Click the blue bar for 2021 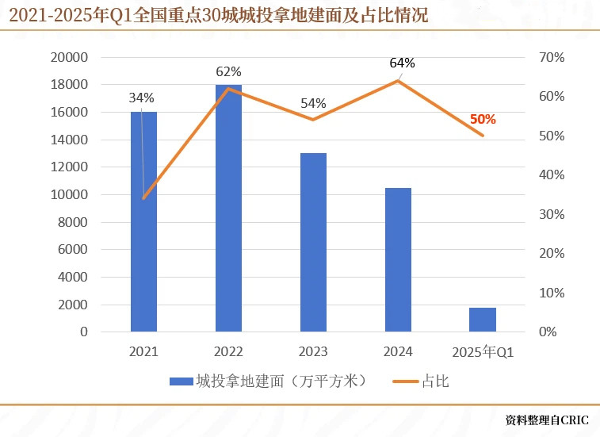143,222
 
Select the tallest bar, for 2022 228,208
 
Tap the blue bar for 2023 313,242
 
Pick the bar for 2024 398,259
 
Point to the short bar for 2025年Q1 482,320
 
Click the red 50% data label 483,120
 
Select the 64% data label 402,63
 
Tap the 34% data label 141,98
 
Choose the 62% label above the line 228,72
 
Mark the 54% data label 313,104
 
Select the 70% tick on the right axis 552,58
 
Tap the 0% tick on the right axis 548,332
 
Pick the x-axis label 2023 313,352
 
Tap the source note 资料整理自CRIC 548,419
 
